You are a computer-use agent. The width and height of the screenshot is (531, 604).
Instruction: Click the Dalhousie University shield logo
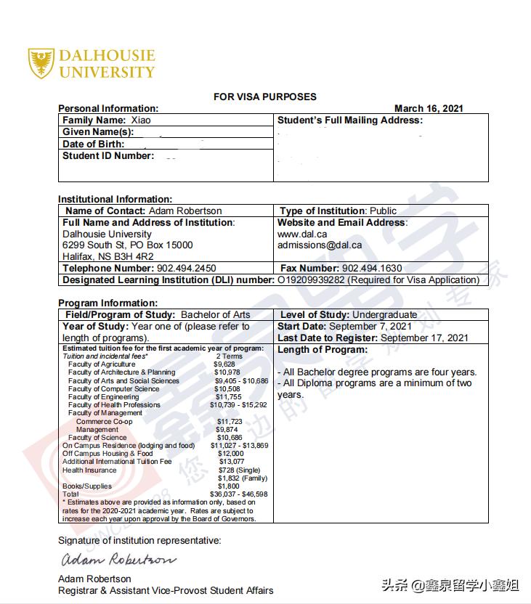pos(41,63)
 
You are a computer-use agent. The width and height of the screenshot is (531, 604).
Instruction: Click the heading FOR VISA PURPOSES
pos(265,97)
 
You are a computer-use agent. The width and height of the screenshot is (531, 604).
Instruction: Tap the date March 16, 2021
pos(429,108)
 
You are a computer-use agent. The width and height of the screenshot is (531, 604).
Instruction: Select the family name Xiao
pos(141,120)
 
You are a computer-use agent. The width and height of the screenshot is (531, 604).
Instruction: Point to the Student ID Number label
pos(108,155)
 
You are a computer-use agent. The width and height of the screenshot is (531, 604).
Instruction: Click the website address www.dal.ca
pos(302,234)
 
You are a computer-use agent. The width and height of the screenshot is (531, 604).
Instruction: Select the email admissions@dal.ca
pos(320,245)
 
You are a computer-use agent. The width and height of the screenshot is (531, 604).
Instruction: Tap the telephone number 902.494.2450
pos(187,268)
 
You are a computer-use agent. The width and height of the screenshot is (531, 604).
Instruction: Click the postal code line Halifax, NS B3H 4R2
pos(108,256)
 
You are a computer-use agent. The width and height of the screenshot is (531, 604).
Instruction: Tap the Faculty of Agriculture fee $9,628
pos(224,364)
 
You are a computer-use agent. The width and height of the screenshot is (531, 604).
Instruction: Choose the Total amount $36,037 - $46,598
pos(238,494)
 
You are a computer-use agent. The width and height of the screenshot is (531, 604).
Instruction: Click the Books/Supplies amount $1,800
pos(229,486)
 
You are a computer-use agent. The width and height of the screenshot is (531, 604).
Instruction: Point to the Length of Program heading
pos(323,350)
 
